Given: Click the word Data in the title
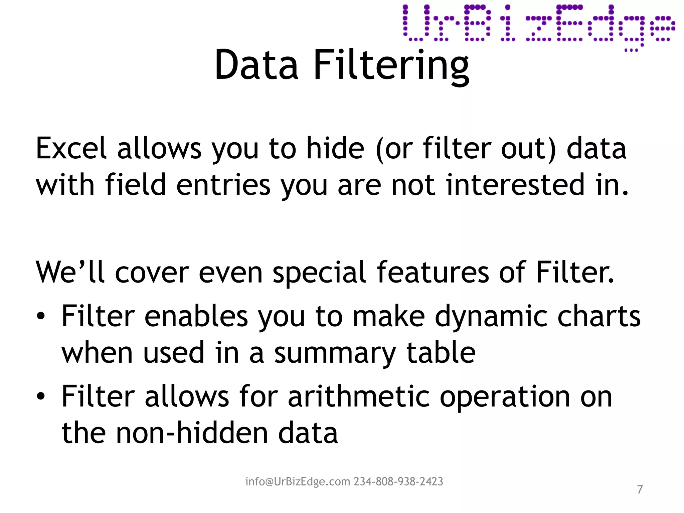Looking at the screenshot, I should point(256,65).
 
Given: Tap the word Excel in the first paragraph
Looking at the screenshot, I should point(71,148).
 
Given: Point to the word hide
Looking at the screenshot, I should point(335,148).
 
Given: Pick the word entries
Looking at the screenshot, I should point(223,185).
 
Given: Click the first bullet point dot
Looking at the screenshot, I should point(40,317).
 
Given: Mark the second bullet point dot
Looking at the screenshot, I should point(40,396).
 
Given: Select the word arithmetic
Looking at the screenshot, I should point(358,396).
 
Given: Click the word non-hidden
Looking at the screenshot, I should point(192,433).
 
